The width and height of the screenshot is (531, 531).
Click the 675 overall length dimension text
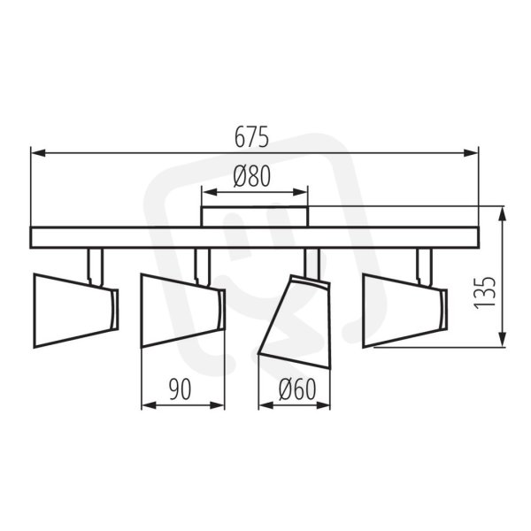click(251, 137)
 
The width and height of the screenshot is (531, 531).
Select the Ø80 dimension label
click(252, 176)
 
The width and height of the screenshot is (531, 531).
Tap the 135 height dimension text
click(485, 293)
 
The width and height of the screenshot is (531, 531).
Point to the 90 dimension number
click(180, 389)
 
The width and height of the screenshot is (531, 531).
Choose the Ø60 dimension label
click(297, 389)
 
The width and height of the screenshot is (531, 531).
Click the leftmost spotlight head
click(76, 311)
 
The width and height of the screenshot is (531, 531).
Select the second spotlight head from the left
click(183, 311)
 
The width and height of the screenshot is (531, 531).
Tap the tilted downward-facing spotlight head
click(294, 322)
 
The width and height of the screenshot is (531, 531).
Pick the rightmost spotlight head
click(405, 311)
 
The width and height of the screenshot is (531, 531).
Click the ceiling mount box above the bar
click(255, 217)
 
